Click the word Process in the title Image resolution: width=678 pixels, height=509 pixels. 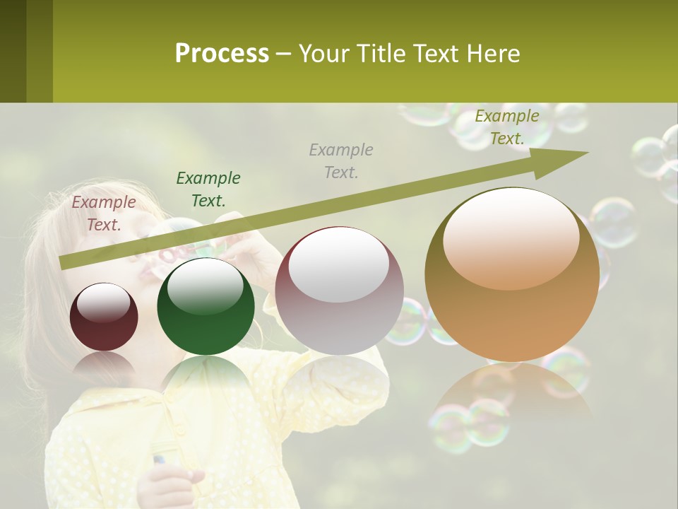[x=222, y=53]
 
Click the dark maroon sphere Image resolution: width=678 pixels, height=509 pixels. [x=104, y=317]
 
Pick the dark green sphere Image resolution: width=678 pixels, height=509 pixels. [x=206, y=307]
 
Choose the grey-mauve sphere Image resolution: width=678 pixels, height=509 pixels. [x=339, y=291]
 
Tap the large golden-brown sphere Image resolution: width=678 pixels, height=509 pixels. [x=512, y=274]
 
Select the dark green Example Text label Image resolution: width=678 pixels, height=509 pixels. [x=208, y=189]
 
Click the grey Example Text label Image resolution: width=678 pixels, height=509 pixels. [x=341, y=161]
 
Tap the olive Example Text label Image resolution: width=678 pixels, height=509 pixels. [x=507, y=127]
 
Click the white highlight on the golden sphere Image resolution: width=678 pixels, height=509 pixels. [x=511, y=237]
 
